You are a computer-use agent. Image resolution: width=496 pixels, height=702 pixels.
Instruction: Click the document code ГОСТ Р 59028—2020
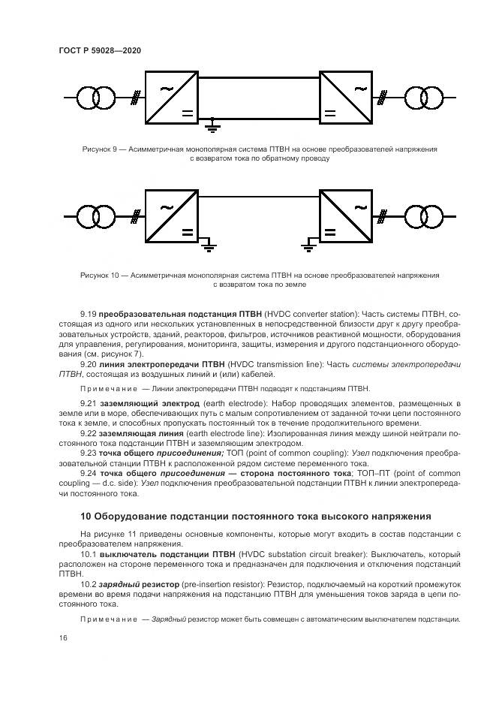(x=100, y=50)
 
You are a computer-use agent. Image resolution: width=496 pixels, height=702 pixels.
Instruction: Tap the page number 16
(x=62, y=637)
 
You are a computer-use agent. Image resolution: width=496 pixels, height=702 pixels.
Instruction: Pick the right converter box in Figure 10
(x=346, y=217)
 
